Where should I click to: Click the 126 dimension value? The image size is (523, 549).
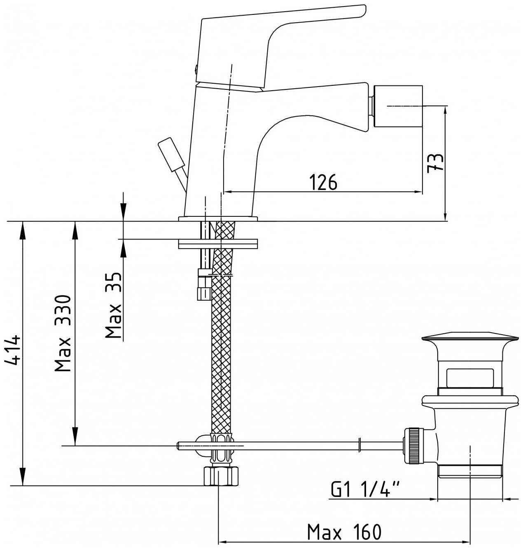click(x=323, y=182)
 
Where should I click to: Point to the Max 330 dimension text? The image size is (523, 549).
click(x=64, y=333)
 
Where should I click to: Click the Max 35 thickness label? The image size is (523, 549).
click(x=113, y=305)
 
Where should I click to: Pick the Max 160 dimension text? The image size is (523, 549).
click(x=344, y=532)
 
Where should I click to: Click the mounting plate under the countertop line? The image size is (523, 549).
click(x=218, y=244)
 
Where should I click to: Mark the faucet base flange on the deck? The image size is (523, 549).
click(x=218, y=218)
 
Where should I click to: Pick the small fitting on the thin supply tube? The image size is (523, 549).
click(x=204, y=293)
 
